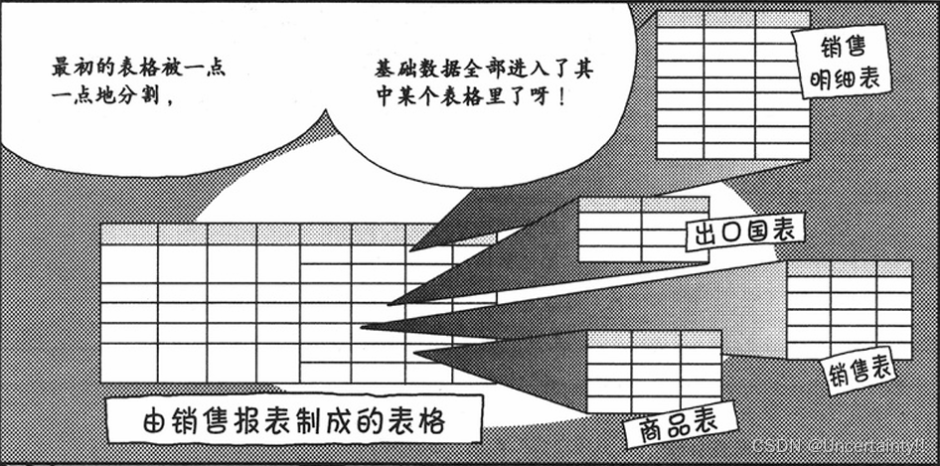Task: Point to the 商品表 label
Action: tap(672, 424)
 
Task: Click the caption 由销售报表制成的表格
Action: tap(294, 419)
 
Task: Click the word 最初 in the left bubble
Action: tap(71, 71)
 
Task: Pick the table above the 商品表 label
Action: tap(655, 371)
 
